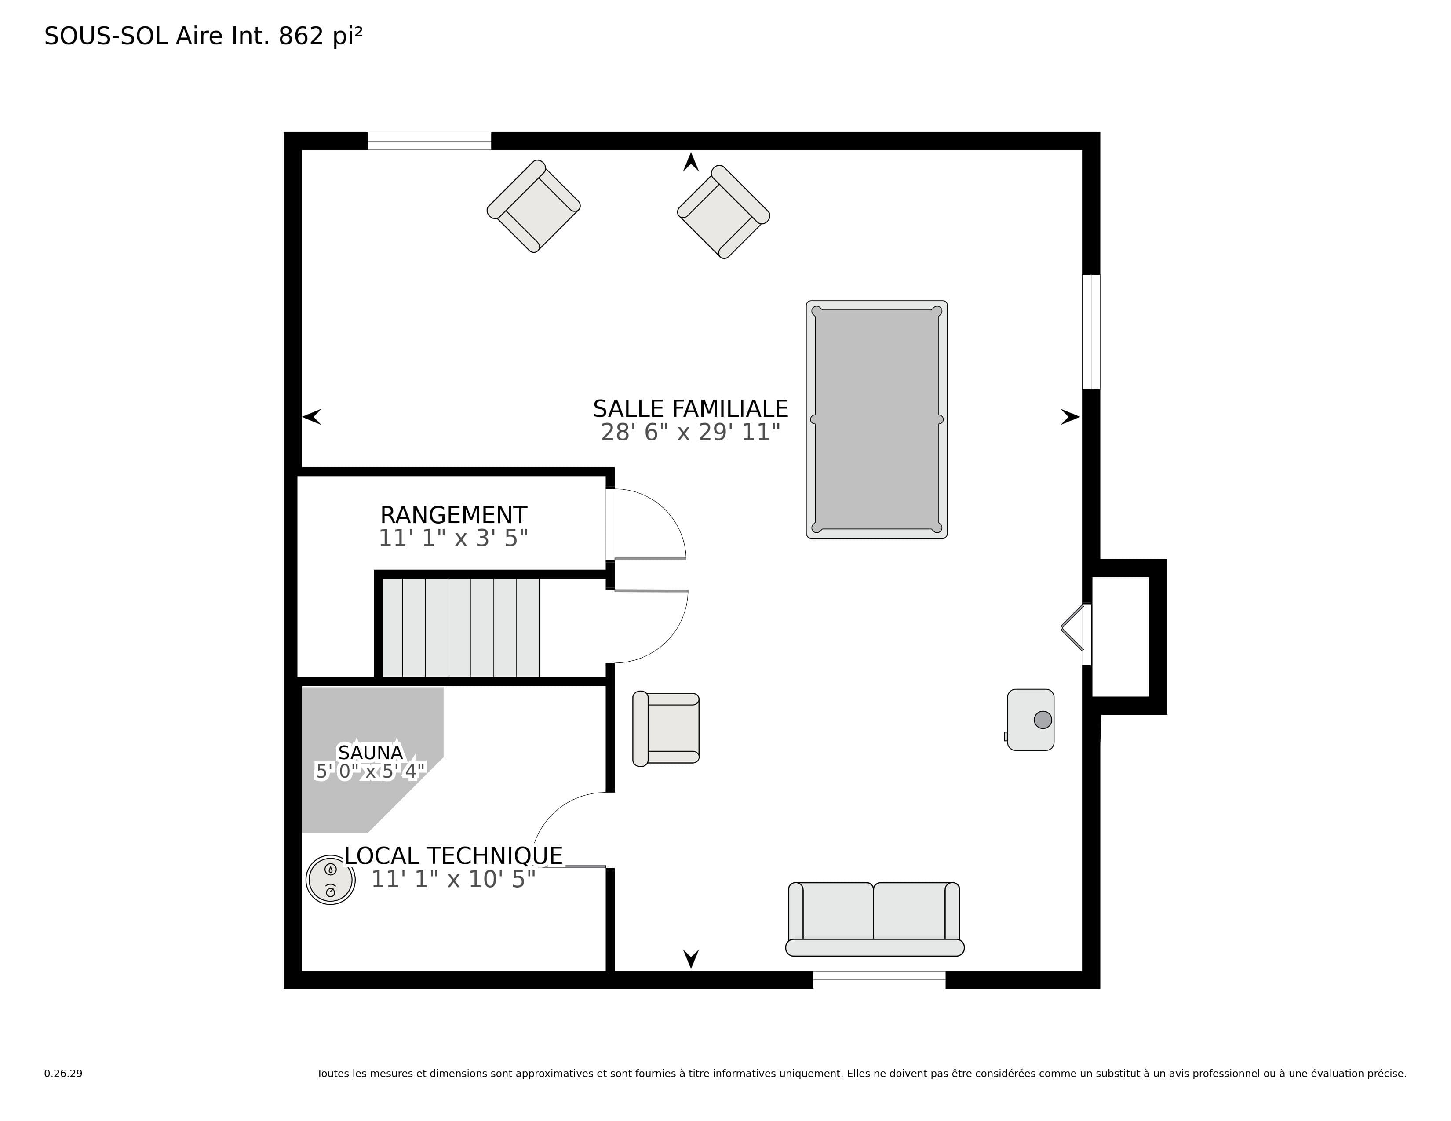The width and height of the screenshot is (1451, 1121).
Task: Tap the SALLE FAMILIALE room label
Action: click(690, 408)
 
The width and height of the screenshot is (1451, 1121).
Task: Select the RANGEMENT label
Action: click(454, 515)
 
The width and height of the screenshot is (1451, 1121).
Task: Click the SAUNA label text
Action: click(370, 753)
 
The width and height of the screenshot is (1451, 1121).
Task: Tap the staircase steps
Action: click(461, 628)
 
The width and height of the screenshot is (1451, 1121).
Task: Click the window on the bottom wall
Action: click(879, 979)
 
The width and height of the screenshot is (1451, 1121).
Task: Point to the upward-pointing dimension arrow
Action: click(691, 162)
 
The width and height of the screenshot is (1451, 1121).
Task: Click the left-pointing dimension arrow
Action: click(312, 417)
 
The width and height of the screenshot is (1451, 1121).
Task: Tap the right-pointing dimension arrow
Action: click(1070, 417)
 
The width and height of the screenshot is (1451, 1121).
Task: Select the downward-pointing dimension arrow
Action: click(691, 959)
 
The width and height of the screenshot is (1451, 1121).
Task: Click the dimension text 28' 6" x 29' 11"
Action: click(690, 432)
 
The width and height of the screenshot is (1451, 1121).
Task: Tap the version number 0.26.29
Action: click(63, 1073)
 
